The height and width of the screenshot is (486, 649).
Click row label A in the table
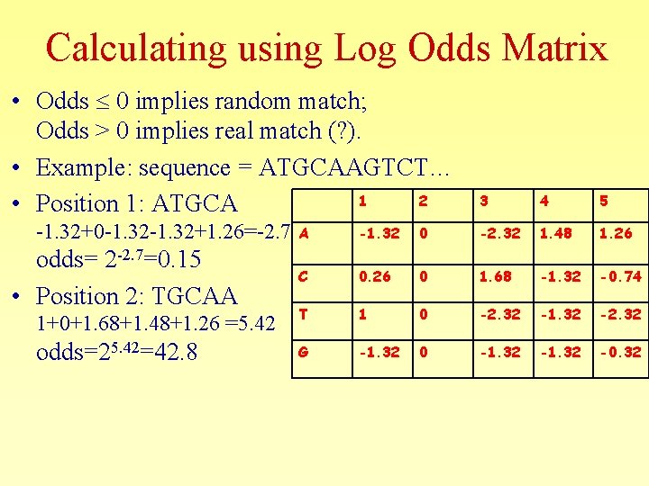305,233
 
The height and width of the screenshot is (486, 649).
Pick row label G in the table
305,352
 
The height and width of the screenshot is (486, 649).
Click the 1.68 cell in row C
495,276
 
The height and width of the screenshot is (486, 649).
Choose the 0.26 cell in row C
374,276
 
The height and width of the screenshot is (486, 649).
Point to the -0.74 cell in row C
623,276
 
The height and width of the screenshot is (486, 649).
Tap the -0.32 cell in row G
623,352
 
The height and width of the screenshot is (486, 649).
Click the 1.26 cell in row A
617,234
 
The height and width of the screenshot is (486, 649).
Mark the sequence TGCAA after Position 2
194,296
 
